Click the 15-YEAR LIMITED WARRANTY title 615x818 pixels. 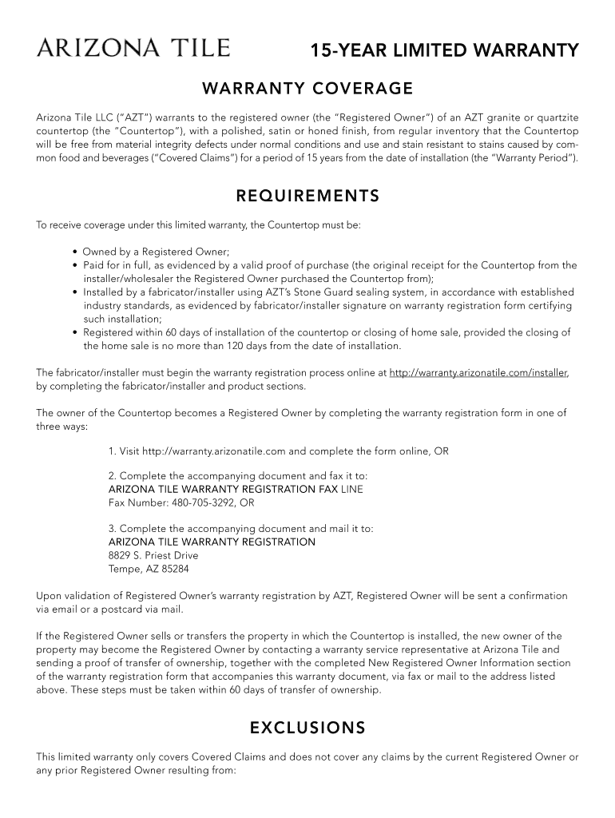[444, 51]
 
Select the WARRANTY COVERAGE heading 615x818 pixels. [307, 88]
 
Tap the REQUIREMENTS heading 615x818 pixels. [307, 197]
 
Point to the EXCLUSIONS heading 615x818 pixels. [307, 728]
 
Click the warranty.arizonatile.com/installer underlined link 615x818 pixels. [478, 373]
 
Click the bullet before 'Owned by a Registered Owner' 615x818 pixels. [74, 252]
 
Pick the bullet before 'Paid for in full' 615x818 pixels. [74, 265]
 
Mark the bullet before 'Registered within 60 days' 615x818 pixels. [74, 332]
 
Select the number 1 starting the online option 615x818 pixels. [111, 451]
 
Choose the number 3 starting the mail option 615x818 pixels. [111, 529]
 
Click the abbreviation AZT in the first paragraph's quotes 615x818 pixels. [108, 117]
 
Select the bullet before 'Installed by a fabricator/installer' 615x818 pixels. [74, 292]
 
